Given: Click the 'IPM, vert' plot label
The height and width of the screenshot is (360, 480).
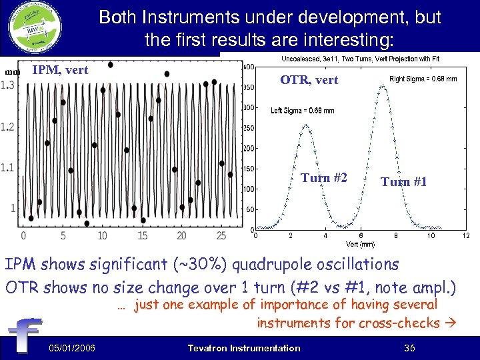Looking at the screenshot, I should tap(60, 69).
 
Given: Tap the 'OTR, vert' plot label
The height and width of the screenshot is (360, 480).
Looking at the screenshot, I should tap(309, 80).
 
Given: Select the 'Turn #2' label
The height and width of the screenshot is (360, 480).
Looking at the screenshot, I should tap(323, 177).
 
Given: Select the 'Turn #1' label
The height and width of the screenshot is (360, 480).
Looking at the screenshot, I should tap(403, 181).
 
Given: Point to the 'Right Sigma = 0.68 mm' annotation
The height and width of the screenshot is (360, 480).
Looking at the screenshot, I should tap(423, 79).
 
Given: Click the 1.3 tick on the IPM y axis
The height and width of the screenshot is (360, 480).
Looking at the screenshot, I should tap(8, 85).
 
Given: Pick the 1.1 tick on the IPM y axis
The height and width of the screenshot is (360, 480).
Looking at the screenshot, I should tap(8, 167).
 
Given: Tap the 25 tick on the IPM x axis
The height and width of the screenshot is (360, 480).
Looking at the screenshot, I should tap(221, 235).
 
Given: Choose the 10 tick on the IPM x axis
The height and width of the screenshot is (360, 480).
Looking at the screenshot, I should tap(102, 235).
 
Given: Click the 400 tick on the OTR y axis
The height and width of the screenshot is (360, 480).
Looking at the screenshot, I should tap(247, 67).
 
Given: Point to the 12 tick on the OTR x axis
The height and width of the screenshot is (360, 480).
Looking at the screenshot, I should tap(466, 235).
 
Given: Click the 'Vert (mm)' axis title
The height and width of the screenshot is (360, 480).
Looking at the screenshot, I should tap(360, 243).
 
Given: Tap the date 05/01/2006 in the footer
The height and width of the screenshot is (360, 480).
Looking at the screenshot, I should tap(71, 348).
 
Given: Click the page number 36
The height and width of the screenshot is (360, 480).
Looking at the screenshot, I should tap(409, 348).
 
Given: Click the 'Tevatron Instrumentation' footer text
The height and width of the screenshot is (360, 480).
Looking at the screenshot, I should tap(244, 348).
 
